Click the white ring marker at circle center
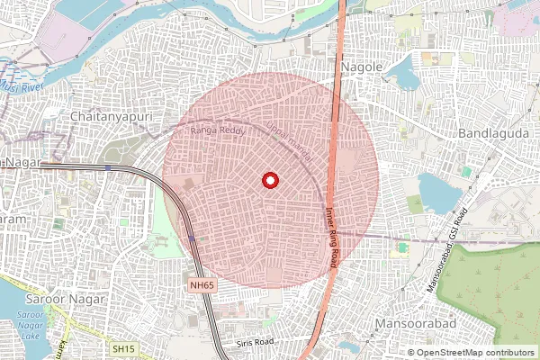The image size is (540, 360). pos(269,180)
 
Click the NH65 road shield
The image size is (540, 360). pos(202,285)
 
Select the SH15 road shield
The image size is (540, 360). pos(123,347)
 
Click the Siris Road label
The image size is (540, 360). pos(253,343)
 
